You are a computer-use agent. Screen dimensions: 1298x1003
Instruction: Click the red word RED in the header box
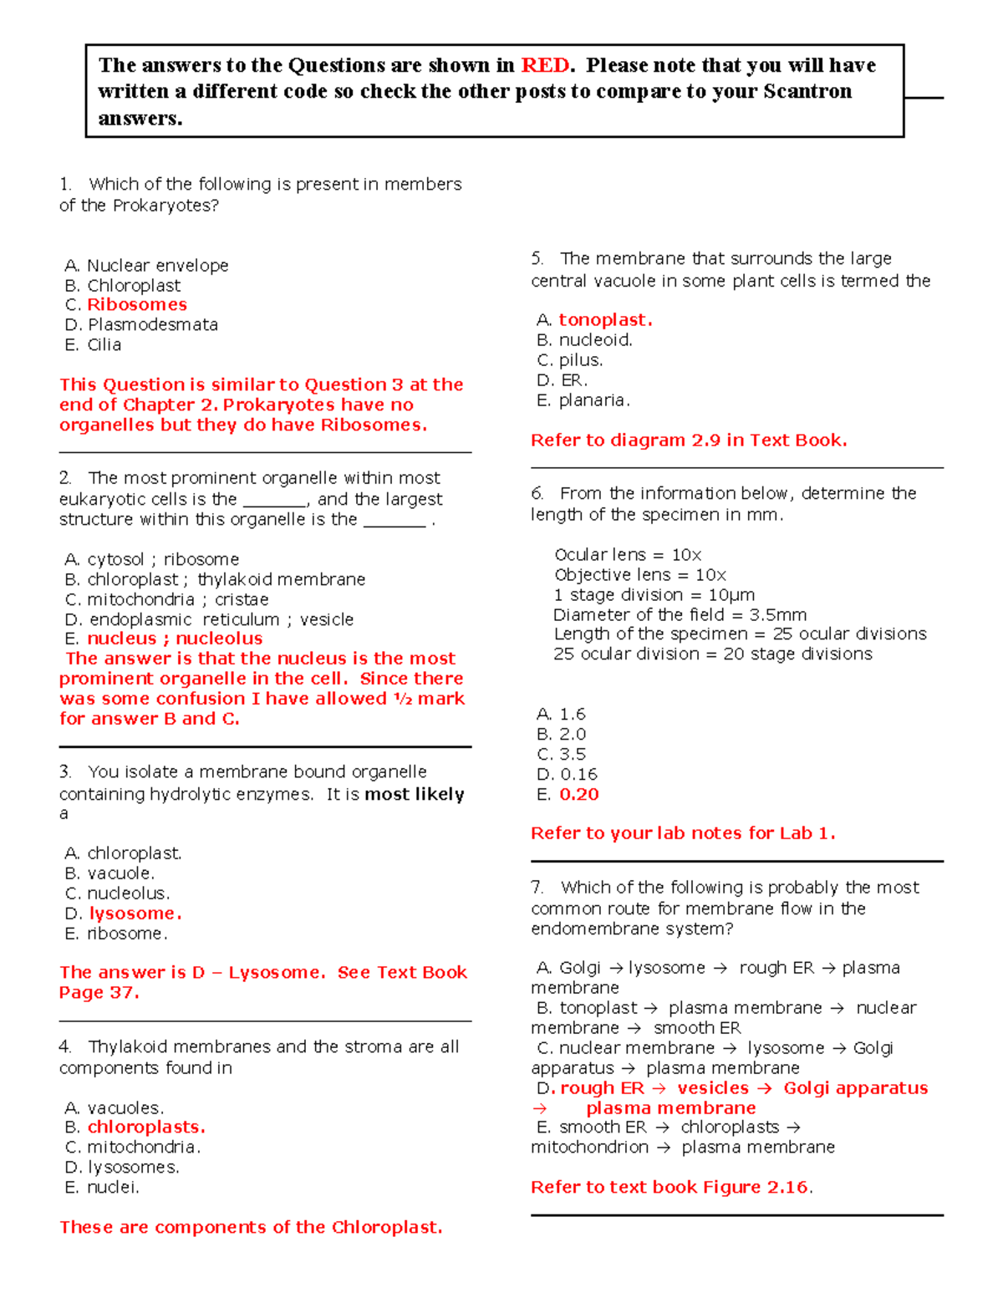pyautogui.click(x=545, y=65)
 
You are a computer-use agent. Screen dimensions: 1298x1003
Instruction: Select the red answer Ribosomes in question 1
pyautogui.click(x=136, y=305)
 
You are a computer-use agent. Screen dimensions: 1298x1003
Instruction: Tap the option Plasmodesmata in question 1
pyautogui.click(x=153, y=325)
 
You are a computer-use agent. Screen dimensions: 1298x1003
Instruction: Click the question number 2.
pyautogui.click(x=65, y=478)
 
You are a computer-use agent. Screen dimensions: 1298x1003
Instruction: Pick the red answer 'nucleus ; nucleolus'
pyautogui.click(x=175, y=639)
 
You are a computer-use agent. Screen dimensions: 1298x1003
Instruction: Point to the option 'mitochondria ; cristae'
pyautogui.click(x=178, y=599)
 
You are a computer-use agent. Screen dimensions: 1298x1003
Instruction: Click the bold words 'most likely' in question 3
pyautogui.click(x=415, y=794)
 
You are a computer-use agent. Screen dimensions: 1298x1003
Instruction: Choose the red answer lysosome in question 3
pyautogui.click(x=135, y=914)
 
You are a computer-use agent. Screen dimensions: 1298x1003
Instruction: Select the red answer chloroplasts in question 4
pyautogui.click(x=145, y=1127)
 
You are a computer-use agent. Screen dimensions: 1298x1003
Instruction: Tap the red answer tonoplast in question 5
pyautogui.click(x=604, y=320)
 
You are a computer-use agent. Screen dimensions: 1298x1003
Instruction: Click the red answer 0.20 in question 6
pyautogui.click(x=579, y=795)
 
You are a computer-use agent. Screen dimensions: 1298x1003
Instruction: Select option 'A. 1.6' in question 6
pyautogui.click(x=561, y=715)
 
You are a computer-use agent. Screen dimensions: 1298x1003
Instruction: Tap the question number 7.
pyautogui.click(x=537, y=888)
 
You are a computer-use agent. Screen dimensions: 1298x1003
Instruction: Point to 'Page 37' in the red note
pyautogui.click(x=97, y=993)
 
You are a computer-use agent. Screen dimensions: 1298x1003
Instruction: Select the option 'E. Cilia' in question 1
pyautogui.click(x=94, y=345)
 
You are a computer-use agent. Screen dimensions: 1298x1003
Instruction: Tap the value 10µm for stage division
pyautogui.click(x=731, y=595)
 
